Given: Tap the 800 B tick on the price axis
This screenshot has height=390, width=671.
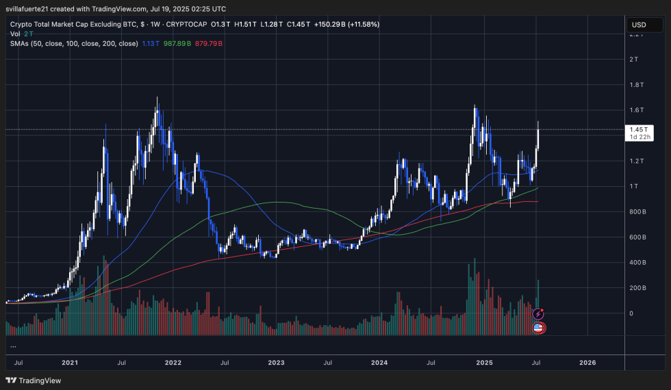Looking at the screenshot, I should click(x=639, y=212).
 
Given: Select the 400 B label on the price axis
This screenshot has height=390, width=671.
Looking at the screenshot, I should click(x=639, y=263).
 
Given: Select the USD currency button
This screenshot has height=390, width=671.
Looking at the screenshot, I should click(x=639, y=25).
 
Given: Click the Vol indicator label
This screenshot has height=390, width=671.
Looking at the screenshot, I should click(x=14, y=34).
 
